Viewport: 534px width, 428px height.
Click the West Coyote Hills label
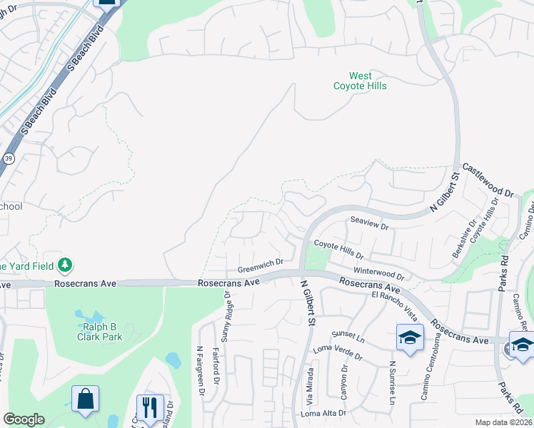tap(360, 81)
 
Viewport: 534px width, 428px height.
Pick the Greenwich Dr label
tap(261, 266)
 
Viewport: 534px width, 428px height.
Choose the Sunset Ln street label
tap(348, 335)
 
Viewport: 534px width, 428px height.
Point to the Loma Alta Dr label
tap(323, 413)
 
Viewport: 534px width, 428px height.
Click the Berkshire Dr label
tap(459, 239)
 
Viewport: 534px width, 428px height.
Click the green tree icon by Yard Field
tap(66, 265)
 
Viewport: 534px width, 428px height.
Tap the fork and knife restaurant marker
tap(150, 408)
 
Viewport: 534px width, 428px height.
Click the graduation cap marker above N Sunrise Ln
tap(410, 337)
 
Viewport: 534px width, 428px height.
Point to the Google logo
tap(24, 419)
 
